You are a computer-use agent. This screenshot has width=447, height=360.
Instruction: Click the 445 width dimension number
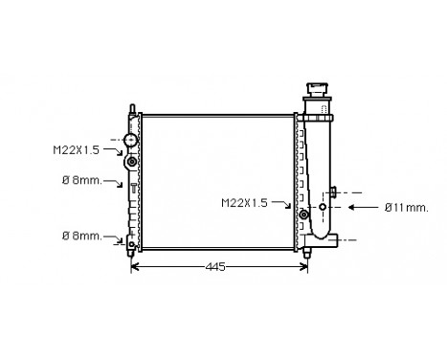pyautogui.click(x=215, y=267)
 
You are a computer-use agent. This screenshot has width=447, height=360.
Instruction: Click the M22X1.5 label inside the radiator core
pyautogui.click(x=245, y=203)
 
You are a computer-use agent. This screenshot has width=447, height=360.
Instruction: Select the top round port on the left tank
pyautogui.click(x=129, y=142)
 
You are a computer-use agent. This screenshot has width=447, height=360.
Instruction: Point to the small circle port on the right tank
pyautogui.click(x=323, y=206)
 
